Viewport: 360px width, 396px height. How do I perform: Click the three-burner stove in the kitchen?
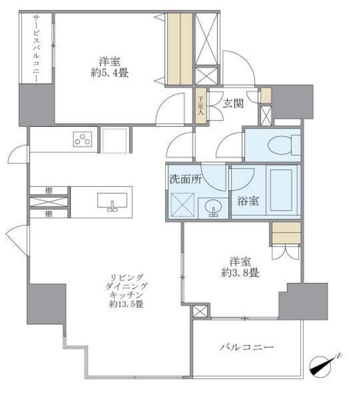click(82, 140)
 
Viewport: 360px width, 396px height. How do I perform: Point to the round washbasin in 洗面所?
click(212, 209)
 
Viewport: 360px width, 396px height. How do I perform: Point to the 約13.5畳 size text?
click(127, 304)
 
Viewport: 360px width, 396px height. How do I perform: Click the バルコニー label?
click(246, 348)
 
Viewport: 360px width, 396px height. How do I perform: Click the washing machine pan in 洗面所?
click(182, 204)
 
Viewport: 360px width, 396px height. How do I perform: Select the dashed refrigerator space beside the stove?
click(115, 140)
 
